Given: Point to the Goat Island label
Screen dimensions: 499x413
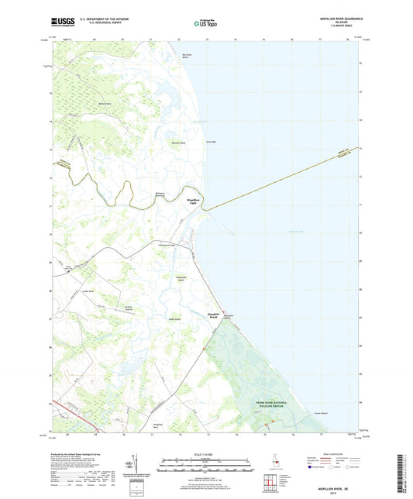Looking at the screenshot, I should pos(175,316).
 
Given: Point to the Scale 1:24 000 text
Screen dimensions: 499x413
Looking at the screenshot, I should pos(206,453).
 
